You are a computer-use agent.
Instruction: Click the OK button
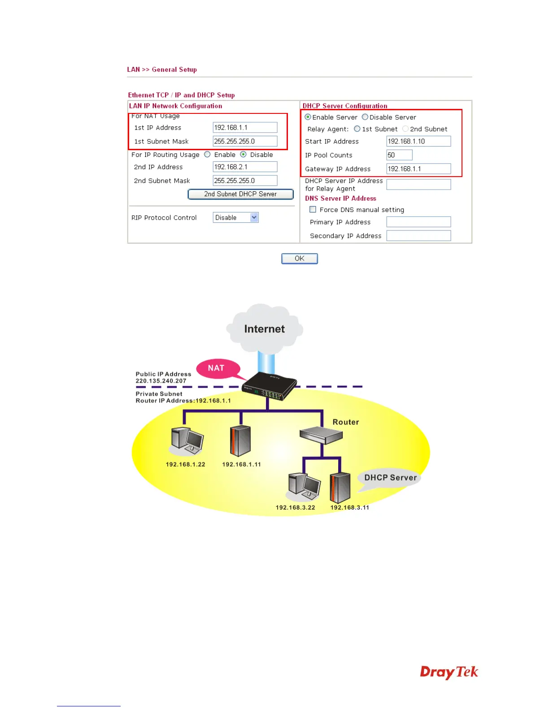tap(299, 259)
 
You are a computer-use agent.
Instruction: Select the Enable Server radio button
tap(308, 117)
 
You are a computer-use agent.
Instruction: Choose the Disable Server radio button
tap(365, 117)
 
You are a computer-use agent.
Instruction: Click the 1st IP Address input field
tap(245, 128)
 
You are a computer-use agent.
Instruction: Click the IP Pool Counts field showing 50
tap(399, 155)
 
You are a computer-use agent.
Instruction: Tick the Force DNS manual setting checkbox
tap(313, 209)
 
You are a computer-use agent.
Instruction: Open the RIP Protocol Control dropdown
tap(236, 217)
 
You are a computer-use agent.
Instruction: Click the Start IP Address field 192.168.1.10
tap(418, 141)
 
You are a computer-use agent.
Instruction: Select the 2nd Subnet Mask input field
tap(245, 181)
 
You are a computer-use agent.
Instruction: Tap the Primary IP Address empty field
tap(418, 222)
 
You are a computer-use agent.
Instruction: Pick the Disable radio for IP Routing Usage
tap(244, 155)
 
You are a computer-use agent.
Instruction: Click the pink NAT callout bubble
tap(217, 368)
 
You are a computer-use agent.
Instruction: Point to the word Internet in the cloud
tap(264, 329)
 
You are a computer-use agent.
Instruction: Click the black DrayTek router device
tap(269, 385)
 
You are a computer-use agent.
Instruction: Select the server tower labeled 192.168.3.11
tap(340, 488)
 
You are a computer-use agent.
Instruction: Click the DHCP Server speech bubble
tap(390, 478)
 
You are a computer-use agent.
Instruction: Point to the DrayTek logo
tap(449, 672)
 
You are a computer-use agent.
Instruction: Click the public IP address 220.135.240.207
tap(161, 381)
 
